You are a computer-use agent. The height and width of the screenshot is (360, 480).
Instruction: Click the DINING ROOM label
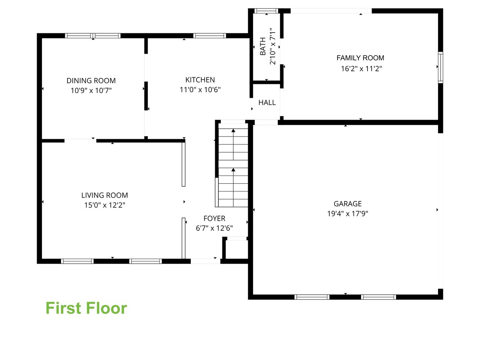[91, 81]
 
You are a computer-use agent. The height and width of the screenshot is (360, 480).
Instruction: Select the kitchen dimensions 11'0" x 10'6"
[200, 90]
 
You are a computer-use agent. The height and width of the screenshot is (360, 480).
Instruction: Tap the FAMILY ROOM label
[360, 58]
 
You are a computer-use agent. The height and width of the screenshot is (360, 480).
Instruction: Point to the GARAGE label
[348, 204]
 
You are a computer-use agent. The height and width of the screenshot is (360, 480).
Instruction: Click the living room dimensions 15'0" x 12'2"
[105, 205]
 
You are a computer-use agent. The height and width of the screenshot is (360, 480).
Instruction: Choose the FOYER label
[214, 218]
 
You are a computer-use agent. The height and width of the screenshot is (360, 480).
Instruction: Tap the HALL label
[267, 102]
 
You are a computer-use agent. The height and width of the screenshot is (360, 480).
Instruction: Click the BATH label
[263, 46]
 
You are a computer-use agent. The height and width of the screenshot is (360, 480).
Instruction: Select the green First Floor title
[86, 308]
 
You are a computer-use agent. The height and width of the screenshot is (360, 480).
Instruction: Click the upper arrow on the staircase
[233, 144]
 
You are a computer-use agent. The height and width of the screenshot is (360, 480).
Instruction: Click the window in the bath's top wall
[266, 11]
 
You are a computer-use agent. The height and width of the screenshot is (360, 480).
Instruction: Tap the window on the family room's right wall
[441, 67]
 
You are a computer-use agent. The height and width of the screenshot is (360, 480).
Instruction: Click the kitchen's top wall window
[210, 36]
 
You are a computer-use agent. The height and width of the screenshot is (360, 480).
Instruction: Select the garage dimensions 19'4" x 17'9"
[348, 213]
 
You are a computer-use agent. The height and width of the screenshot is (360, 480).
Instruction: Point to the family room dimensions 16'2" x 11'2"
[361, 69]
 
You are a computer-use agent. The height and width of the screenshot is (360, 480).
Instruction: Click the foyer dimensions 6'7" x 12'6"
[214, 228]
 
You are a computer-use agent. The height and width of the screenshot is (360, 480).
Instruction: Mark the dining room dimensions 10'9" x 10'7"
[91, 90]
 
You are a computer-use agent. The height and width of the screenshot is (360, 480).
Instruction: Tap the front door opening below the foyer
[205, 261]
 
